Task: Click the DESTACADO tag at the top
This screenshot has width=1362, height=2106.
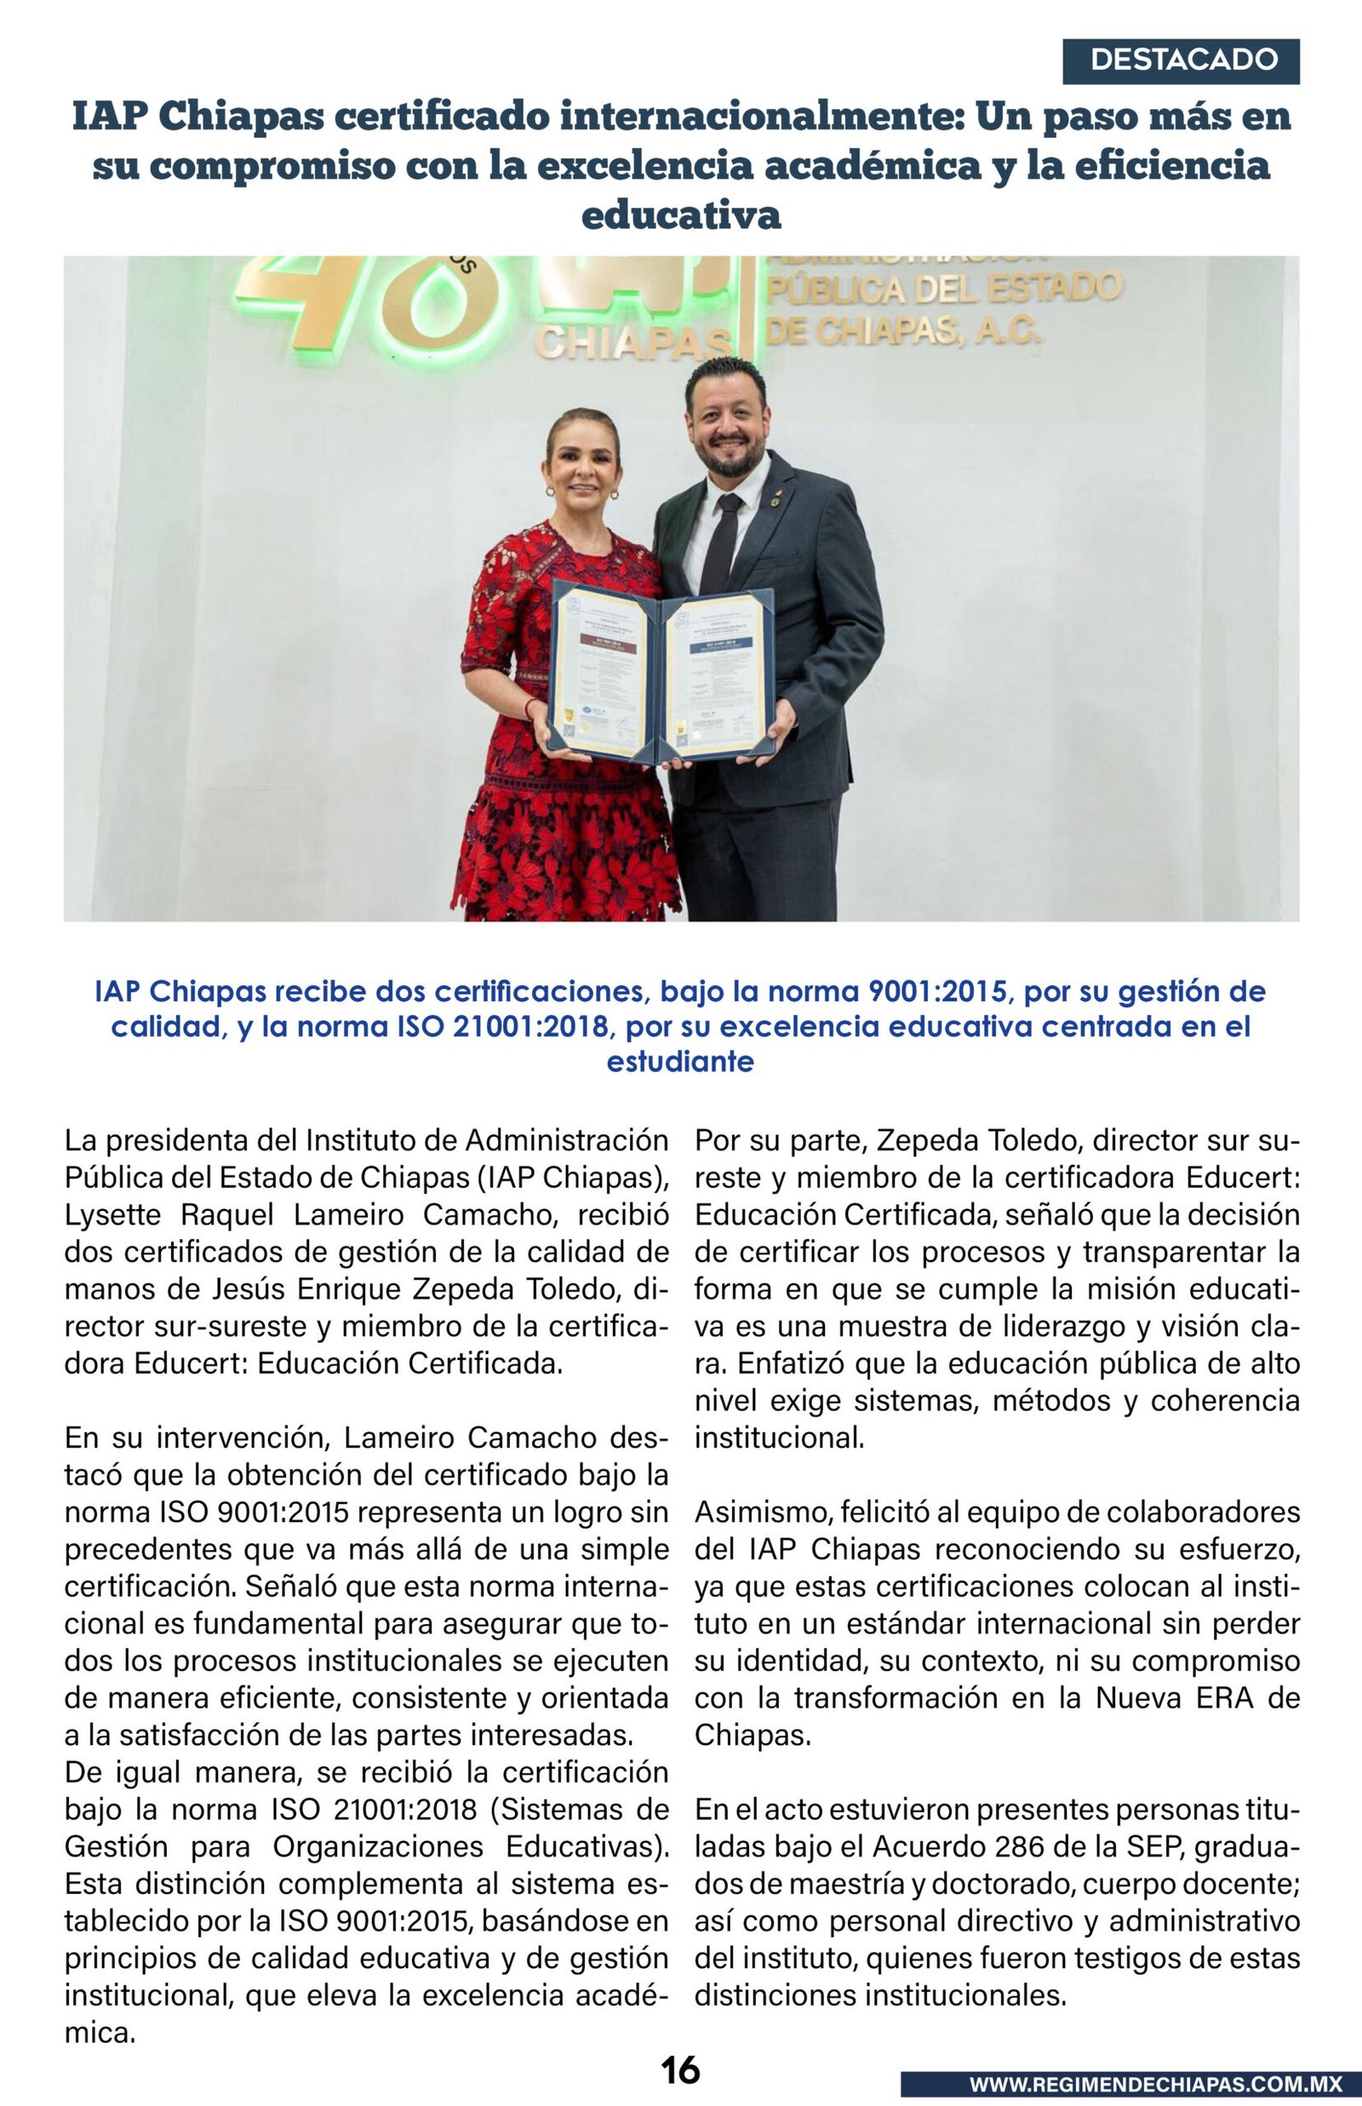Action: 1181,61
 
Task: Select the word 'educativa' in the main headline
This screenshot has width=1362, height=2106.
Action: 681,215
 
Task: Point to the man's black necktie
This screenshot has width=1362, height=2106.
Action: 721,543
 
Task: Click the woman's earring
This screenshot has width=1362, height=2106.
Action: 550,490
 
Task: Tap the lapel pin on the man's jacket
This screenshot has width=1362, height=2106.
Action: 775,499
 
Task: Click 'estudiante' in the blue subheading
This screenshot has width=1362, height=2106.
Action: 680,1061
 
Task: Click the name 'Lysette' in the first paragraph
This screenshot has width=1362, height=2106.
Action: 112,1215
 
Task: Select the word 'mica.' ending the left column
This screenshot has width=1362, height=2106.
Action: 100,2033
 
